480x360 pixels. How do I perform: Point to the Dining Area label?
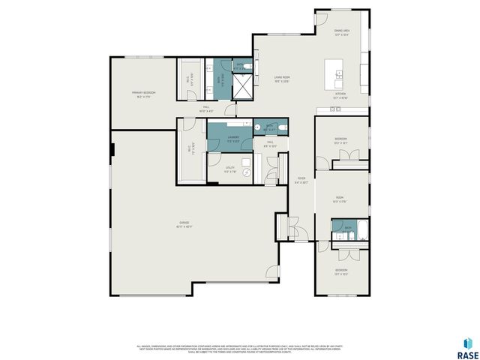click(x=343, y=32)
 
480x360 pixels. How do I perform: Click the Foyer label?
click(x=301, y=180)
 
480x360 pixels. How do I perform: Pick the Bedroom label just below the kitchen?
click(x=341, y=139)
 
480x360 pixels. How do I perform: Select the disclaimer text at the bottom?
click(x=240, y=349)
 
